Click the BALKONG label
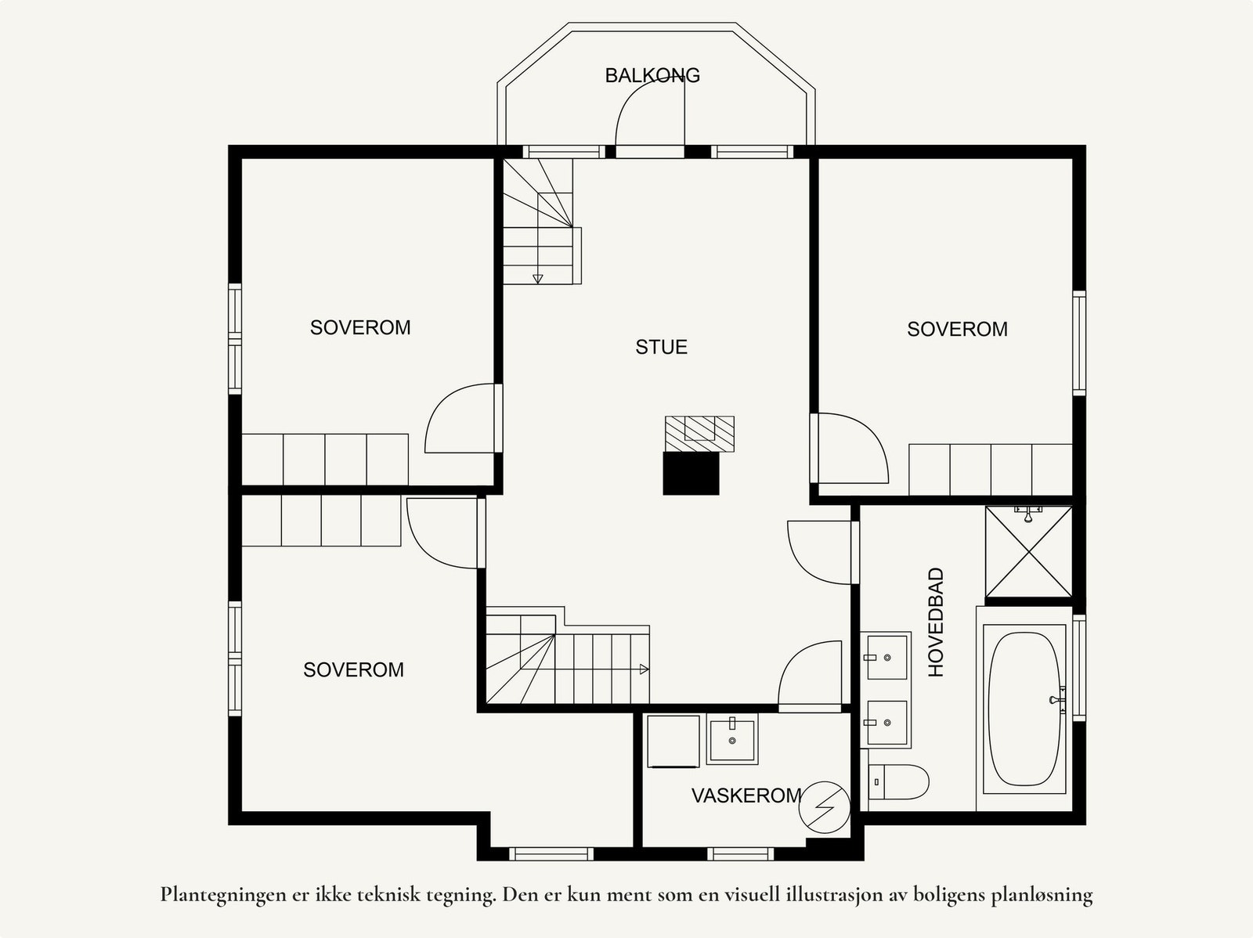click(652, 75)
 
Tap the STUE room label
click(662, 347)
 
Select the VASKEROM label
click(746, 795)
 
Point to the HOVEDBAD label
click(936, 622)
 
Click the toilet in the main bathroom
click(898, 782)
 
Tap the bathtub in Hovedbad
click(1024, 708)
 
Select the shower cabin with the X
click(1029, 552)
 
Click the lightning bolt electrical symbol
click(824, 807)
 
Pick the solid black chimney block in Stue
click(691, 473)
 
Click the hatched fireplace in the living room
click(700, 434)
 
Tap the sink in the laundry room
click(732, 739)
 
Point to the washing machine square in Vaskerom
click(673, 741)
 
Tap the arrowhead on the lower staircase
click(644, 669)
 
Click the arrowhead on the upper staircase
click(537, 279)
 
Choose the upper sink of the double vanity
click(887, 658)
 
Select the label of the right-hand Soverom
click(957, 329)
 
